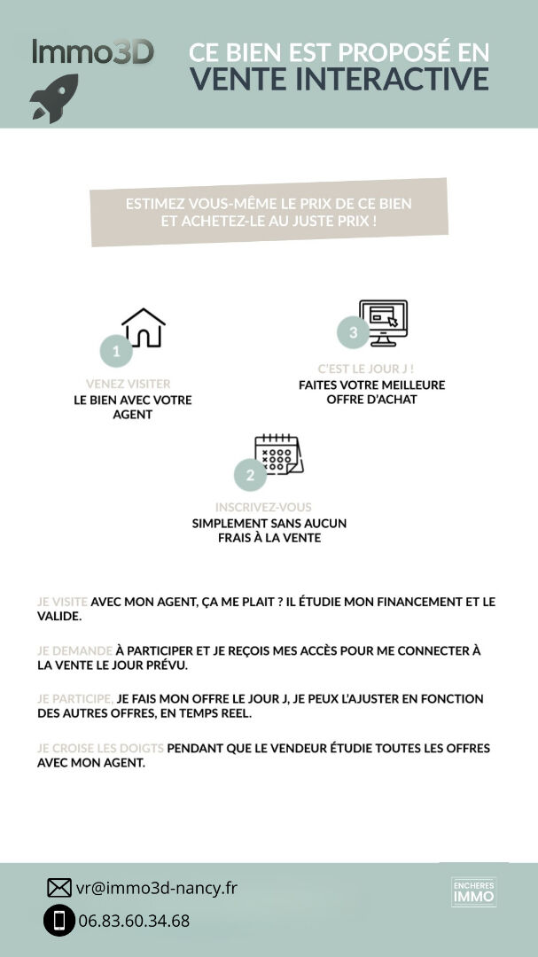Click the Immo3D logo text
pyautogui.click(x=93, y=53)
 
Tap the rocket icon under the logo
pyautogui.click(x=54, y=97)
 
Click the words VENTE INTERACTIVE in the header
pyautogui.click(x=339, y=79)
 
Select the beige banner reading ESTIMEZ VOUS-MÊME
pyautogui.click(x=269, y=213)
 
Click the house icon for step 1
pyautogui.click(x=144, y=327)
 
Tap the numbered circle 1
pyautogui.click(x=115, y=351)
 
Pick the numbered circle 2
pyautogui.click(x=250, y=475)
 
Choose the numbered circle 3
pyautogui.click(x=353, y=333)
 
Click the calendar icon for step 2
pyautogui.click(x=278, y=454)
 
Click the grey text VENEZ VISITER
pyautogui.click(x=129, y=385)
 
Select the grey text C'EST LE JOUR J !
pyautogui.click(x=365, y=369)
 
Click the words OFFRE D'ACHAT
pyautogui.click(x=371, y=400)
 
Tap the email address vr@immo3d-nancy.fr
pyautogui.click(x=157, y=888)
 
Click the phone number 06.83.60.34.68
pyautogui.click(x=134, y=921)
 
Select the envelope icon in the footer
pyautogui.click(x=58, y=888)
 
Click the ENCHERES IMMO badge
pyautogui.click(x=474, y=892)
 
